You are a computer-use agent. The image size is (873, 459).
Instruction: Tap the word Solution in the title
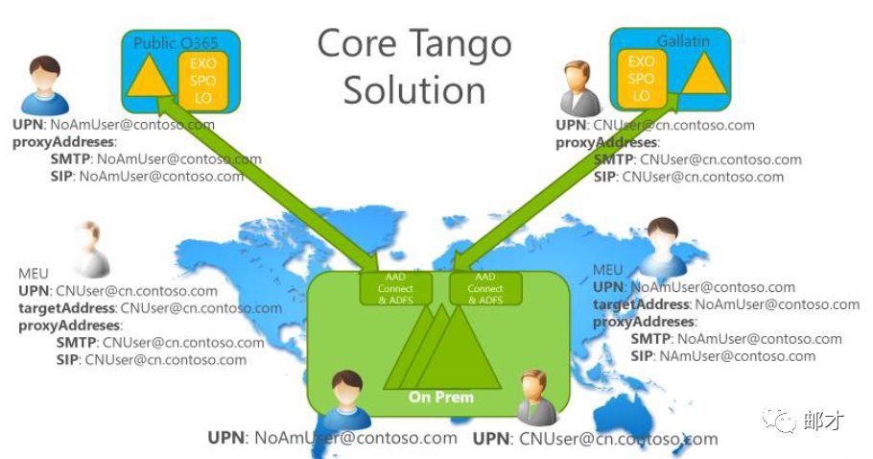click(x=413, y=89)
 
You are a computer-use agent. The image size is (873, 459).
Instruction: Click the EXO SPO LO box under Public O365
click(x=202, y=81)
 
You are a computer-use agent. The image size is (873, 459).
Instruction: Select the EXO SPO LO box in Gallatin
click(x=642, y=79)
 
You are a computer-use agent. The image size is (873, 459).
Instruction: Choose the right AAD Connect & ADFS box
click(x=484, y=288)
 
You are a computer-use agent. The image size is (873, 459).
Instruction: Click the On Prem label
click(x=441, y=397)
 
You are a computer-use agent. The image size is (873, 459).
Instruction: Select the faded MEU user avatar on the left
click(x=87, y=248)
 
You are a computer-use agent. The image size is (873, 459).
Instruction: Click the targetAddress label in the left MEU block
click(x=66, y=308)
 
